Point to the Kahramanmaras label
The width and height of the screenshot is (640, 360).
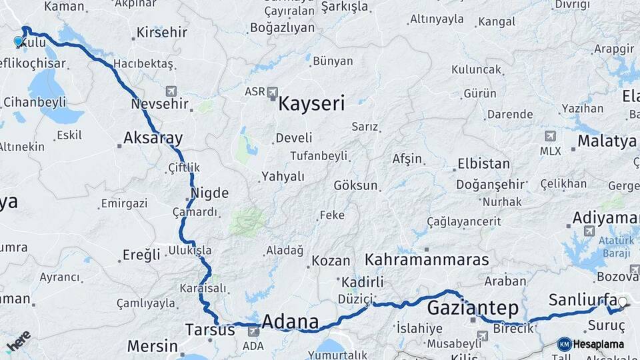pos(427,259)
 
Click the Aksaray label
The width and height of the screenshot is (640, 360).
pos(153,139)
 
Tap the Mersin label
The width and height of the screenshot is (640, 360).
pos(152,346)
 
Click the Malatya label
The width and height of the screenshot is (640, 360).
pos(607,141)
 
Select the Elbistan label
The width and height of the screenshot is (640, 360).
pos(483,164)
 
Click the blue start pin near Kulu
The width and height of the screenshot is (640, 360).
pos(18,41)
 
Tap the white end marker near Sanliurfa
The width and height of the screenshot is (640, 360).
pos(623,303)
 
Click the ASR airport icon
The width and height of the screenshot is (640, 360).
pos(272,91)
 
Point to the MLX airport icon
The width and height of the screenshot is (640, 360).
pos(550,136)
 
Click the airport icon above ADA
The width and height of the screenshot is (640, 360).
pos(253,331)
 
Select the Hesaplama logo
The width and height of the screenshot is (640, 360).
pos(591,344)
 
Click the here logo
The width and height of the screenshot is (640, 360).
pos(18,341)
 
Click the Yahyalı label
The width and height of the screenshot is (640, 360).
pos(283,177)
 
